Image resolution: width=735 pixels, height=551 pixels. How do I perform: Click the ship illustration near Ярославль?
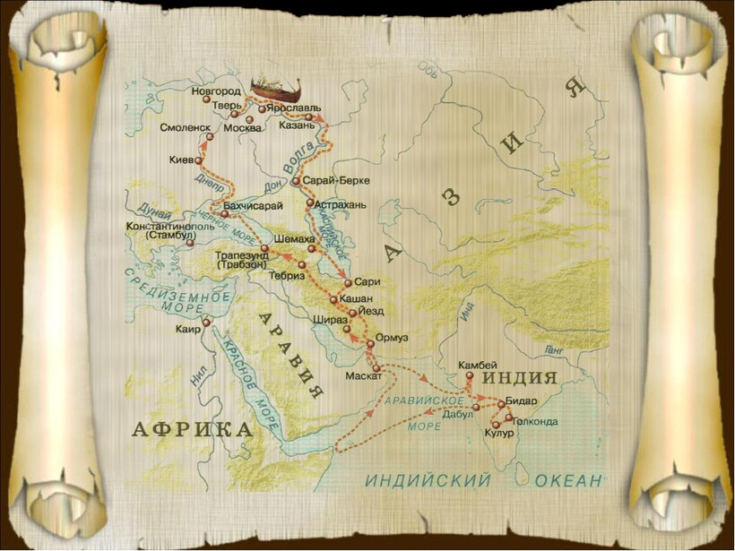point(276,88)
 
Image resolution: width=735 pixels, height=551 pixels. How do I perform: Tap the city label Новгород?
point(216,91)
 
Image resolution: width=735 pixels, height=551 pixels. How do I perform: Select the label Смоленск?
point(185,127)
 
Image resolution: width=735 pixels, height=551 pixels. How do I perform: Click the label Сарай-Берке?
point(331,181)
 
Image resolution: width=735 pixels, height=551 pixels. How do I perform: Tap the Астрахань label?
point(341,204)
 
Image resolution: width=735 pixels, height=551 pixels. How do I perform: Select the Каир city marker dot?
point(206,323)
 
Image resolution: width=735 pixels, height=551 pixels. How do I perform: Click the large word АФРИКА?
point(192,429)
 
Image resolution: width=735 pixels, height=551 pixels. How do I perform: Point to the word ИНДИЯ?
point(521,378)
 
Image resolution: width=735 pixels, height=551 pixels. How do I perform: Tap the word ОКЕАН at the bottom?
point(568,481)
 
